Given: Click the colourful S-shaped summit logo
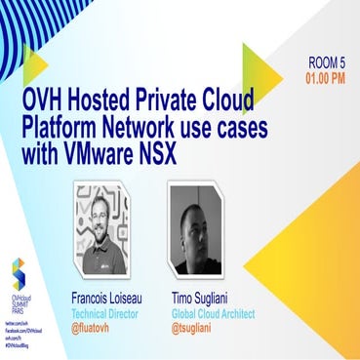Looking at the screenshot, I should [17, 273].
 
